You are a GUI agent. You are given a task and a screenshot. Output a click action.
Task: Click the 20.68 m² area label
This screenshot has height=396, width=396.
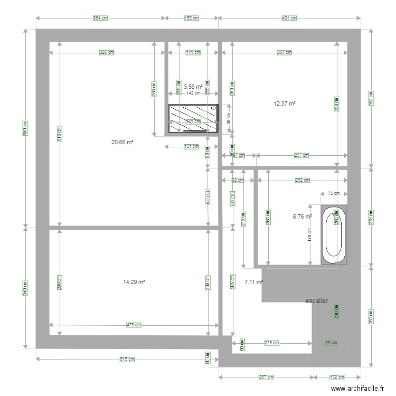click(x=121, y=142)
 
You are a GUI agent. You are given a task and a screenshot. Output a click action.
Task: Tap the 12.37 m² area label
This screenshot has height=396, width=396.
click(x=284, y=104)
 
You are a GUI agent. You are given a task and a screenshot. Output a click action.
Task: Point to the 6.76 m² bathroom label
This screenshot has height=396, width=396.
click(x=302, y=216)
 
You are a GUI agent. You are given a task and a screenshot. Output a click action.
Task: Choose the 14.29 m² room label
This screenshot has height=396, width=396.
click(x=134, y=282)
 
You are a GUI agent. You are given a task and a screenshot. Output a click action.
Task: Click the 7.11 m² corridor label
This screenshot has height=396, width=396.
click(x=253, y=282)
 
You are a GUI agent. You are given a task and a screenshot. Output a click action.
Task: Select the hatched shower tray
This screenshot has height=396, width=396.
click(x=193, y=119)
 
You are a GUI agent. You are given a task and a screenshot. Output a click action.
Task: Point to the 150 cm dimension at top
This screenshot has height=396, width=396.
click(x=192, y=18)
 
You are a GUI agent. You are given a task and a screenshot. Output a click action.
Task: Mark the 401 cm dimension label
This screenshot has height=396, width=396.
click(x=289, y=18)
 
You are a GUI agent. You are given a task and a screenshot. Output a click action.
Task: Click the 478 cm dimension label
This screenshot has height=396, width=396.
click(x=134, y=325)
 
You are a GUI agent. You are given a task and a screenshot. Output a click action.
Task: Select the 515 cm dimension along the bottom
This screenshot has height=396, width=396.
click(x=127, y=359)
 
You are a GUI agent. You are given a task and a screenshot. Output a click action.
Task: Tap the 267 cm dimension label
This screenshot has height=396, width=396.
click(x=266, y=378)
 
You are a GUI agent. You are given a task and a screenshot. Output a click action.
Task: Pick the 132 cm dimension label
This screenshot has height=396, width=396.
click(x=337, y=378)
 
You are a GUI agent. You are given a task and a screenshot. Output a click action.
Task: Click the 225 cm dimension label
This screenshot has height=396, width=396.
click(x=271, y=343)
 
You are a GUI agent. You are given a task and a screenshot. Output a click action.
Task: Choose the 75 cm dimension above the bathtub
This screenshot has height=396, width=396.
click(x=334, y=193)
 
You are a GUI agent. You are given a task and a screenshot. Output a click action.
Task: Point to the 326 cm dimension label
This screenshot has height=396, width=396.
click(x=108, y=52)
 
